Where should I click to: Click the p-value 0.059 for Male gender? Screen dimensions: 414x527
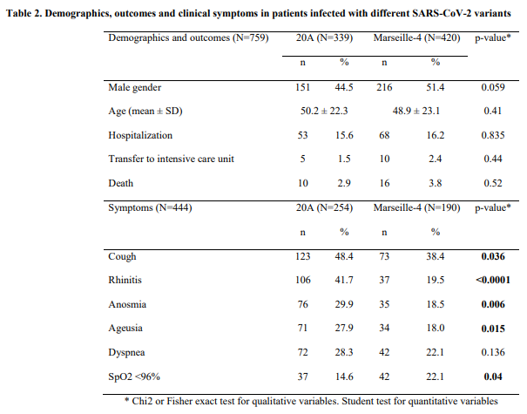click(490, 87)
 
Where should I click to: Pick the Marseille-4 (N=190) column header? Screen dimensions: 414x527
click(416, 209)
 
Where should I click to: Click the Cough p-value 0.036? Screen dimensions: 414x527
click(490, 257)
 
